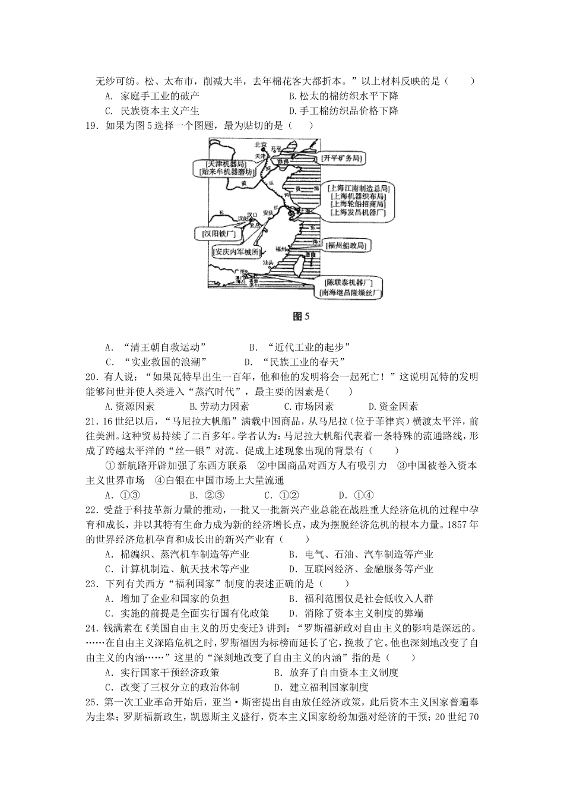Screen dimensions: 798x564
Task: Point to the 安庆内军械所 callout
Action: (236, 252)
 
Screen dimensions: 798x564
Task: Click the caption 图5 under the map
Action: (302, 316)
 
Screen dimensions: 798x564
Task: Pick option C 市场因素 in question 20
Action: (309, 407)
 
